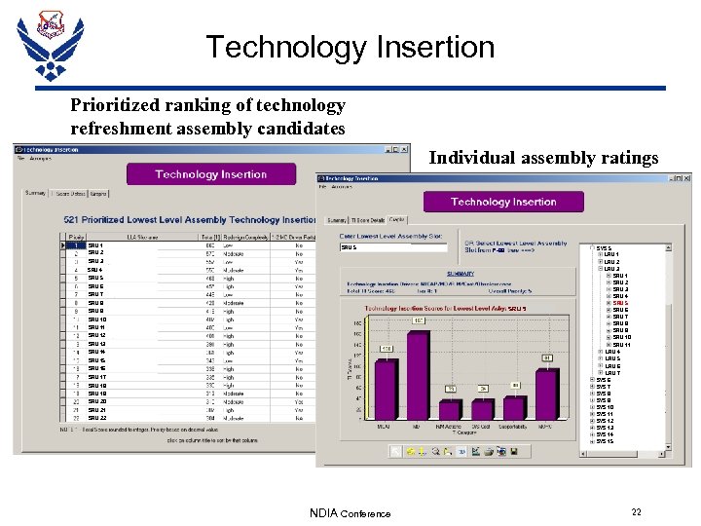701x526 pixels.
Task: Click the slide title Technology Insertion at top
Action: (x=350, y=47)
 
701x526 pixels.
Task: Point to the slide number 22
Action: (x=636, y=512)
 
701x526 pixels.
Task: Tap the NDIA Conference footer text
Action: (x=350, y=513)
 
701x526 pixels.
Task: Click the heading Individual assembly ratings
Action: (x=543, y=158)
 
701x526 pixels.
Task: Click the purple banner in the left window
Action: (x=210, y=174)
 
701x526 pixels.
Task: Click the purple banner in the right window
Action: (x=503, y=202)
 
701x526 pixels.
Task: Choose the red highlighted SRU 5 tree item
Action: (x=620, y=303)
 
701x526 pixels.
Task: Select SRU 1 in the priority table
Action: (x=95, y=245)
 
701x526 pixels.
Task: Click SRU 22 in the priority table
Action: (x=97, y=418)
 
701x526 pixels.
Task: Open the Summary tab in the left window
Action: (x=35, y=193)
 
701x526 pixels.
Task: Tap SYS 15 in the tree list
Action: (x=605, y=441)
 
